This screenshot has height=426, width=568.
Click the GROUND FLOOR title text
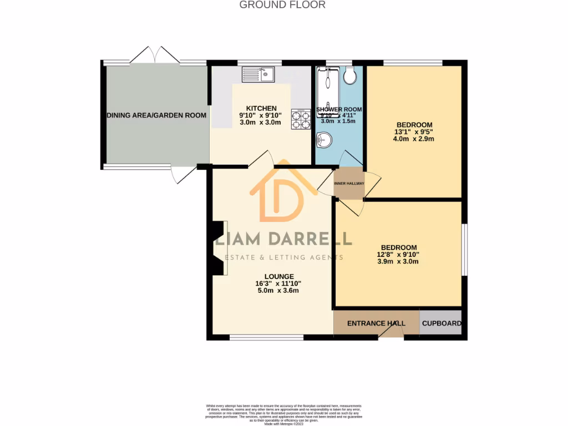(282, 5)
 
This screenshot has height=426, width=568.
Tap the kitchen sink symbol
(259, 73)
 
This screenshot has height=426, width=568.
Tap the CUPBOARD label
(441, 323)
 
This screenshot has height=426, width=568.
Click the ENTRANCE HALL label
(376, 323)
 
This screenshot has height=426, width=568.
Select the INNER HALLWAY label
(349, 183)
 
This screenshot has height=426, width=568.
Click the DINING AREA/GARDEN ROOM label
(156, 115)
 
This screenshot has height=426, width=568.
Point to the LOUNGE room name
(279, 276)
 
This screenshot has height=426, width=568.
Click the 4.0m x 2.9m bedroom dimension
(414, 139)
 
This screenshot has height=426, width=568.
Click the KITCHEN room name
(261, 108)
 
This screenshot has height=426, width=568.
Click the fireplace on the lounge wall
(220, 247)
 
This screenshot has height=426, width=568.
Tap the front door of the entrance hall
(390, 331)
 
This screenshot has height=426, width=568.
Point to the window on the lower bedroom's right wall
(464, 250)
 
